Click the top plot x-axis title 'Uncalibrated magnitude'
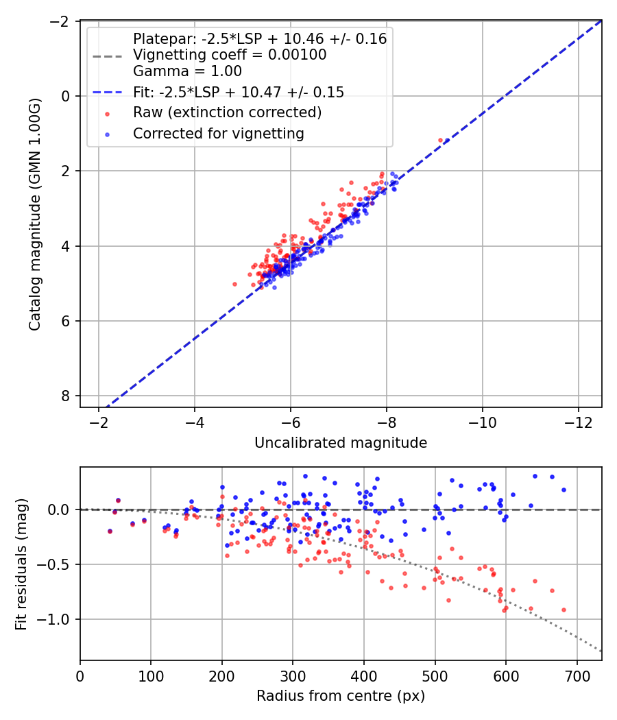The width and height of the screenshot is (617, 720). coord(341,443)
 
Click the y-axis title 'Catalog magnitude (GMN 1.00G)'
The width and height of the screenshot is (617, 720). coord(35,214)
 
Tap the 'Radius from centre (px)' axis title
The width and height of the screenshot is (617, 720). coord(341,696)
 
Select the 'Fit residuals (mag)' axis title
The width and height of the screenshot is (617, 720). coord(21,564)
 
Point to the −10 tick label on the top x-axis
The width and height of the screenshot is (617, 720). coord(482,422)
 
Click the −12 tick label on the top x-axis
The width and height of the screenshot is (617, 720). coord(578,422)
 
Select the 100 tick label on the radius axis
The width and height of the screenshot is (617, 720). coord(151,676)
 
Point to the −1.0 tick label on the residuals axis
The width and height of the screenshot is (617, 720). coord(53,619)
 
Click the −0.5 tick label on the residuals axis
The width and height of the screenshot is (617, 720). coord(53,564)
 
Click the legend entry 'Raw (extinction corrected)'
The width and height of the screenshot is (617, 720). coord(227,112)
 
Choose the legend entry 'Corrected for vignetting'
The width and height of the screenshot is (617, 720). coord(219,133)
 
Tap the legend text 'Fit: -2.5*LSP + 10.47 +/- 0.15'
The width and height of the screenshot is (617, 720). coord(239,92)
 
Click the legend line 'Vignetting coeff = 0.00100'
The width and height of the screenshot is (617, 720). coord(230,55)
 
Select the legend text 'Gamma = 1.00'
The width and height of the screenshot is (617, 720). coord(187,71)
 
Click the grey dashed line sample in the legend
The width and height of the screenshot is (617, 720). coord(108,56)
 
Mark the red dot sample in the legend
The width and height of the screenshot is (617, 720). coord(108,113)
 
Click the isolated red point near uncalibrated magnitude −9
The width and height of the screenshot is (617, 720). coord(440,140)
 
